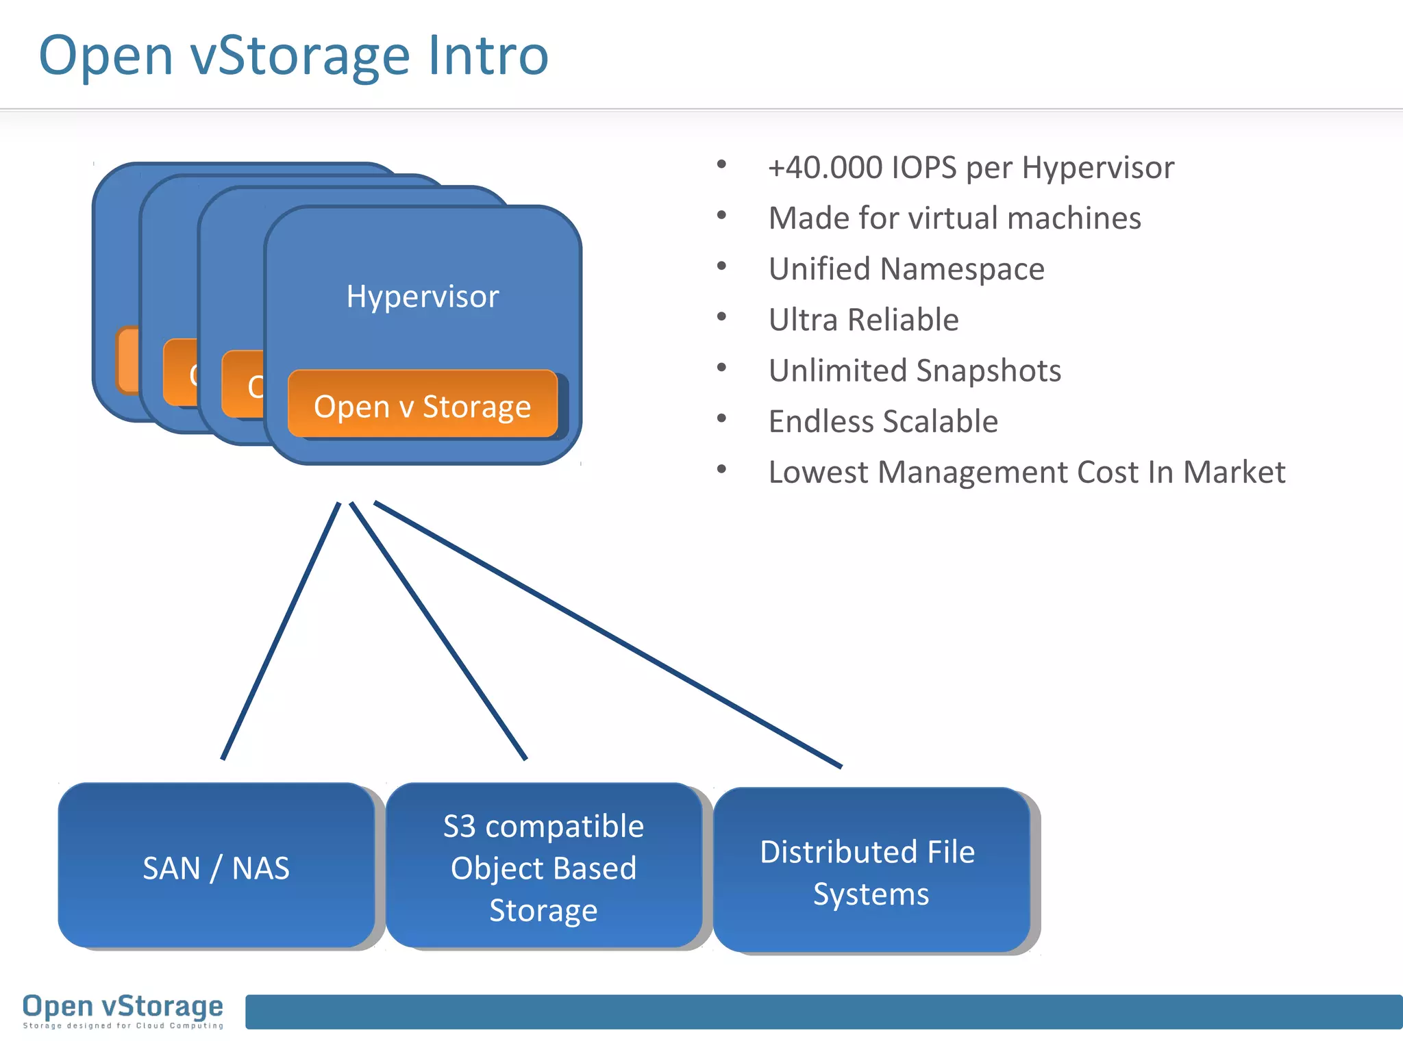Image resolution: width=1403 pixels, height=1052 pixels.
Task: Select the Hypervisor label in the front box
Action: (423, 297)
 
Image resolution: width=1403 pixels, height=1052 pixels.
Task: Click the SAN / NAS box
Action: (216, 867)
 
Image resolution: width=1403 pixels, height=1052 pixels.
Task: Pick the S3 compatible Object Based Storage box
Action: (543, 867)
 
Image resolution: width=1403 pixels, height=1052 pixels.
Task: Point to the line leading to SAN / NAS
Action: (281, 631)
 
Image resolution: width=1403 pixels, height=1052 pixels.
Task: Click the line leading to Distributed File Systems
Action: (607, 634)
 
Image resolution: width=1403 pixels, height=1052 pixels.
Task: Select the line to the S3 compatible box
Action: (438, 631)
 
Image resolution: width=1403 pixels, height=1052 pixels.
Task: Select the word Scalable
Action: (945, 421)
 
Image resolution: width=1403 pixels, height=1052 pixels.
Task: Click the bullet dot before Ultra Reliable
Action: (721, 318)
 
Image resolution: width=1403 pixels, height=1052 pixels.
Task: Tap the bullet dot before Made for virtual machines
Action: (721, 216)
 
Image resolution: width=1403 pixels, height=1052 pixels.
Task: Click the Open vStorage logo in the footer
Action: (123, 1006)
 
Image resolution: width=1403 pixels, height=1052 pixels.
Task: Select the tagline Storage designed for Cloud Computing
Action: (123, 1026)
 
